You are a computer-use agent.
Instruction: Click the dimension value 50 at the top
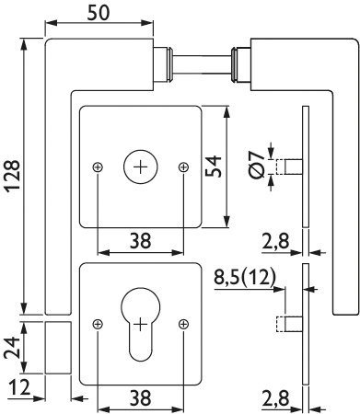click(99, 13)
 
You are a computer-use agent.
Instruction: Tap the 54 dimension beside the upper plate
click(213, 167)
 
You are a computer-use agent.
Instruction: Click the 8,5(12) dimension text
click(245, 278)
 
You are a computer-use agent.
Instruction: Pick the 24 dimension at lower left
click(12, 348)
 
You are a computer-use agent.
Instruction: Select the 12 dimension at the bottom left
click(19, 387)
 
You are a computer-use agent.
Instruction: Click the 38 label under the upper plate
click(140, 241)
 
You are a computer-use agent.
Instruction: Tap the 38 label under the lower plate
click(140, 397)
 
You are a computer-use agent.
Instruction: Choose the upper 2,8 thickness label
click(276, 241)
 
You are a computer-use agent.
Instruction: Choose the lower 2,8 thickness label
click(276, 398)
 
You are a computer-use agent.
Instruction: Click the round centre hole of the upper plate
click(141, 167)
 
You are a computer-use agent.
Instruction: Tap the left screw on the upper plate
click(98, 167)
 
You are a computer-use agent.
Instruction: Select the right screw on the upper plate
click(183, 167)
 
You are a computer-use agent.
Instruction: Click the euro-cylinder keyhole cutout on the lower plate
click(141, 324)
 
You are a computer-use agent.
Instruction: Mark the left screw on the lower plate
click(98, 324)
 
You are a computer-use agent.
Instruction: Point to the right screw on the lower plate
click(183, 324)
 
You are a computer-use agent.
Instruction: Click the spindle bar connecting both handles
click(202, 64)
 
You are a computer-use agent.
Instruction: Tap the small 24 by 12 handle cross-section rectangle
click(58, 348)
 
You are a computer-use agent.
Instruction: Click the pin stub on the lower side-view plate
click(290, 324)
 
